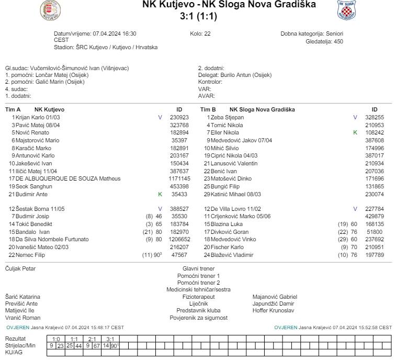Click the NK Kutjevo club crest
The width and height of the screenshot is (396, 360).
point(50,9)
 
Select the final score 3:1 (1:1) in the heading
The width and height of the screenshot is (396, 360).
point(198,16)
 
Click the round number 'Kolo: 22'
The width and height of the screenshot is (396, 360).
point(200,33)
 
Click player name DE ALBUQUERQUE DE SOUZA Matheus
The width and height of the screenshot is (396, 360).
point(64,178)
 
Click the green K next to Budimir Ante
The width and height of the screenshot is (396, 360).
point(160,194)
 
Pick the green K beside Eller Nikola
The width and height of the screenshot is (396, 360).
point(355,133)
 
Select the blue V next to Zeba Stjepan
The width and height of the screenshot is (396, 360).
point(355,118)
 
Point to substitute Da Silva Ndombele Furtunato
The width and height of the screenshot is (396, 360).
point(53,239)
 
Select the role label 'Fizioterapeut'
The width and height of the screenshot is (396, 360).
point(198,297)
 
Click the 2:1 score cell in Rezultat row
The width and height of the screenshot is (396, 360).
point(93,339)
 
